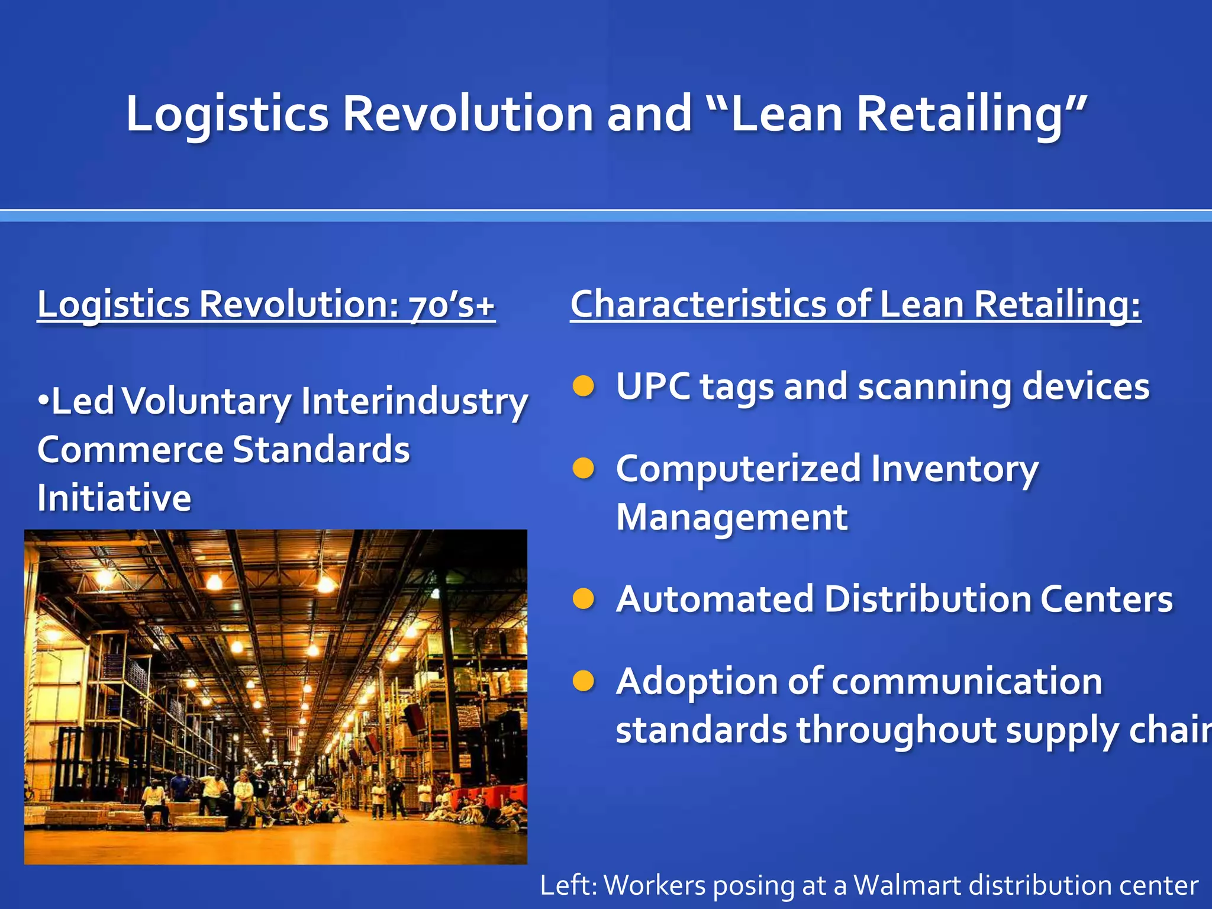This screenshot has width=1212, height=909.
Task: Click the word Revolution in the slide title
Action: point(468,114)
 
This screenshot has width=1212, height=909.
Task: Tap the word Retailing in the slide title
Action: point(959,114)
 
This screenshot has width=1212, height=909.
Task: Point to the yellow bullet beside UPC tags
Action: point(584,386)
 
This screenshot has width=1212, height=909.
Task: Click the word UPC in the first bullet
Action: point(653,386)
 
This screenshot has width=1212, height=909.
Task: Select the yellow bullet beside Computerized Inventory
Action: point(584,469)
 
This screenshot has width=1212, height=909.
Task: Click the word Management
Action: point(731,517)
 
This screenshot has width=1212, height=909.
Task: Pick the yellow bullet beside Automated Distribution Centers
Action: point(584,599)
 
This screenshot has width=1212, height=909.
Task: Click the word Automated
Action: point(714,599)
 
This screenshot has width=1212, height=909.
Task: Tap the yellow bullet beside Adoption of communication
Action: point(584,681)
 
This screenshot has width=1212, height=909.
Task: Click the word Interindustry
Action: point(414,401)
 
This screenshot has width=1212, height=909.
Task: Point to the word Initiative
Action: point(114,498)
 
